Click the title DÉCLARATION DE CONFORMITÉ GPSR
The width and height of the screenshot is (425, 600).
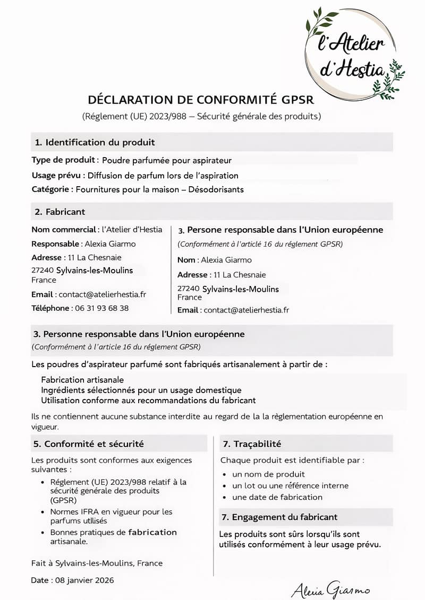tap(201, 100)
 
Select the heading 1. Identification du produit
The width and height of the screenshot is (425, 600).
tap(95, 142)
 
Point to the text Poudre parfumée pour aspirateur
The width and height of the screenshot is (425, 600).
tap(167, 160)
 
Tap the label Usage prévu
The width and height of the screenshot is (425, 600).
tap(57, 176)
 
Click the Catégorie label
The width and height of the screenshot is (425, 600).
tap(52, 189)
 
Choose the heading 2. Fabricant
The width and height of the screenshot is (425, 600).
tap(60, 212)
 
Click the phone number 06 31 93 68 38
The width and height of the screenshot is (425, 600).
tap(101, 308)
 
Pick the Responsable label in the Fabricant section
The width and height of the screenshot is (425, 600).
tap(56, 244)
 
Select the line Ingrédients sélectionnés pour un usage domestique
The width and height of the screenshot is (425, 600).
tap(141, 390)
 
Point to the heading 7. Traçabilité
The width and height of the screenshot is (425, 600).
tap(252, 444)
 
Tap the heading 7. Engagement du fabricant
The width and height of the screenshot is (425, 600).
tap(279, 517)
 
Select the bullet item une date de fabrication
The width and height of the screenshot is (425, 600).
tap(277, 497)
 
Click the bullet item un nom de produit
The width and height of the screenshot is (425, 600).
tap(268, 474)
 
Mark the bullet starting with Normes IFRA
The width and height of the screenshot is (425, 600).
tap(111, 516)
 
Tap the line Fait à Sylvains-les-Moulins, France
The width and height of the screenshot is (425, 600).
tap(97, 563)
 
